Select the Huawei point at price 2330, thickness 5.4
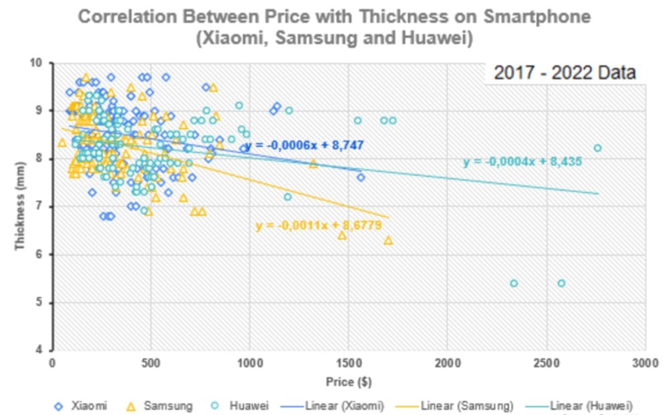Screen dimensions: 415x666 point(513,283)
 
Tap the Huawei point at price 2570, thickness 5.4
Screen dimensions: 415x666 point(561,283)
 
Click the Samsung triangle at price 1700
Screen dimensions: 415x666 point(389,240)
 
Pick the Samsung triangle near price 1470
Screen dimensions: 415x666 point(342,236)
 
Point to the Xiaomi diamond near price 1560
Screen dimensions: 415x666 point(361,177)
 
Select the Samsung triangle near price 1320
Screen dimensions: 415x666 point(313,163)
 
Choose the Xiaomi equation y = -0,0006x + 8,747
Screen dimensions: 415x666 point(304,146)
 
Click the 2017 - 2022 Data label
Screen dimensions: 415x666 point(564,73)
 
